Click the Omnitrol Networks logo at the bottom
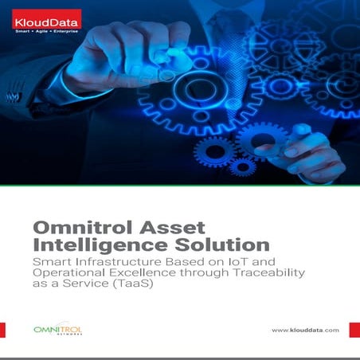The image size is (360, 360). (57, 329)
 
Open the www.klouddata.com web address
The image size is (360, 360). (305, 330)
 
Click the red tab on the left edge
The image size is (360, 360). (2, 329)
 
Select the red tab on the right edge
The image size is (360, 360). (357, 329)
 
